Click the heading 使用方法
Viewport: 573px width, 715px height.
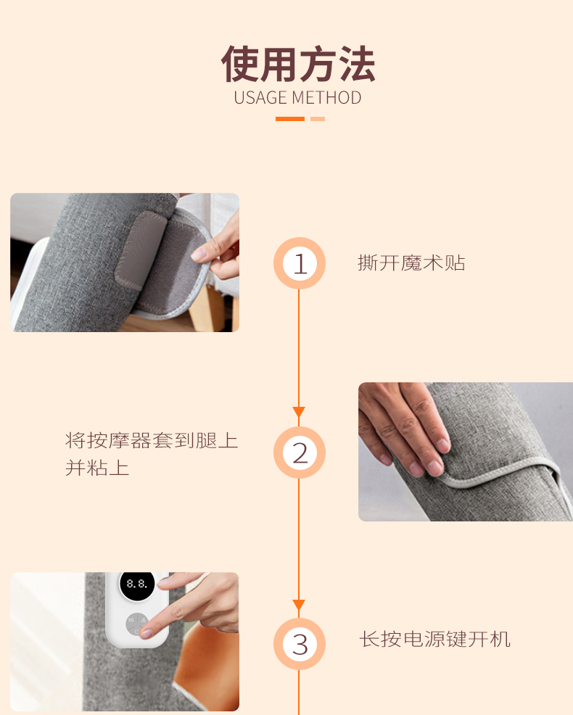298,64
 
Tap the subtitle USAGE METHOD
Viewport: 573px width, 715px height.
297,98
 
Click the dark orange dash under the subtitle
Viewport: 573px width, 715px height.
290,119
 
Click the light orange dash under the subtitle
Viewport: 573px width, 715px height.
318,119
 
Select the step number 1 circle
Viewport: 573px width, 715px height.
300,263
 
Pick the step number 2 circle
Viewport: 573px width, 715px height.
300,452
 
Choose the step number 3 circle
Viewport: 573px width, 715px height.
300,644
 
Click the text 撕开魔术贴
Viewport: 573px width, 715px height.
411,263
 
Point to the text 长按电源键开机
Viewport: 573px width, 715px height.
434,639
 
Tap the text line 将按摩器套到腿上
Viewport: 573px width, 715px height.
152,440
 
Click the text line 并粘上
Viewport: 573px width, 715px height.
97,468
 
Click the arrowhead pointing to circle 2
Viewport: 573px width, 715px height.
299,412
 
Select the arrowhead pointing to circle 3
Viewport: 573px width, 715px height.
299,605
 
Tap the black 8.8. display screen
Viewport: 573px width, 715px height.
137,584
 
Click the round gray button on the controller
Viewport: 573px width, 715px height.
137,624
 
